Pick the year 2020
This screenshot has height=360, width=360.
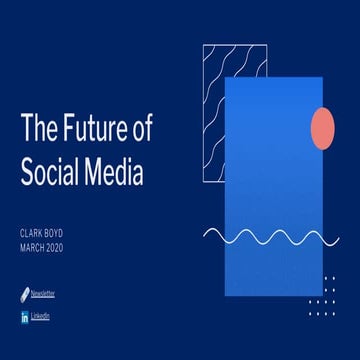tap(66, 247)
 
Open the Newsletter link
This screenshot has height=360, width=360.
tap(42, 293)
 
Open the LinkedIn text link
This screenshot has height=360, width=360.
tap(40, 316)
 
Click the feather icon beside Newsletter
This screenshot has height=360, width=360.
tap(24, 293)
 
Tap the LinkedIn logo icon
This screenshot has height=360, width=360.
tap(24, 317)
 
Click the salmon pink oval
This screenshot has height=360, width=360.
tap(323, 129)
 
